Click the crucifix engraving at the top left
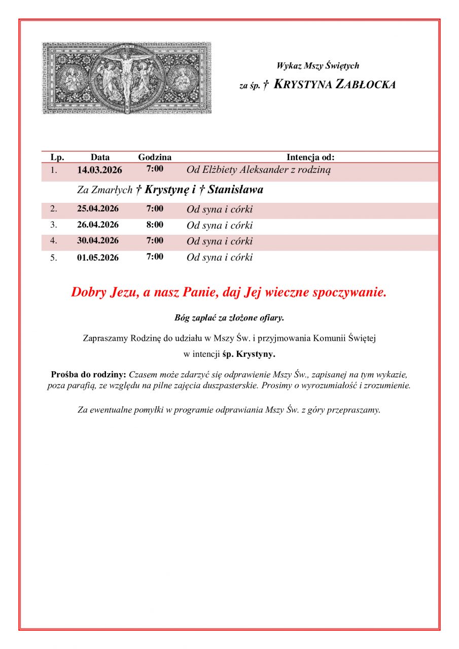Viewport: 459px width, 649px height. (126, 78)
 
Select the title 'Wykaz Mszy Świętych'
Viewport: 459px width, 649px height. (317, 65)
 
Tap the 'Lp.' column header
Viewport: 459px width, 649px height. (57, 157)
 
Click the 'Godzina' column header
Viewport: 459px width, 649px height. (155, 157)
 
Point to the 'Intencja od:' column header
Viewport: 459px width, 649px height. (310, 157)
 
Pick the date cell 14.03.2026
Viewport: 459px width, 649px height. (99, 170)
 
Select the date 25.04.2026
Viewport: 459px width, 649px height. (98, 209)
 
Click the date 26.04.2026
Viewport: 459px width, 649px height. (98, 225)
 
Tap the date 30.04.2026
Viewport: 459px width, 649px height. (98, 241)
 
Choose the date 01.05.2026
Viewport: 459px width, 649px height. (98, 257)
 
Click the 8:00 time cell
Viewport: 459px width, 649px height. (155, 225)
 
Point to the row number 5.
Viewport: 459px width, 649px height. (53, 258)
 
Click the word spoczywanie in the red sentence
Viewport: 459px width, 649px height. (350, 293)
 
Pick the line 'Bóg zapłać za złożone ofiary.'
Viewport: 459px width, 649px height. (229, 318)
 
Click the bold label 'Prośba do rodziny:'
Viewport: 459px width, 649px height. (89, 375)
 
